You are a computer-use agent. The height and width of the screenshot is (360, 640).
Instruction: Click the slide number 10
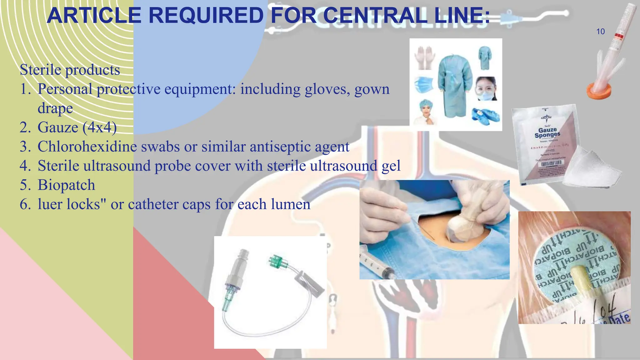600,32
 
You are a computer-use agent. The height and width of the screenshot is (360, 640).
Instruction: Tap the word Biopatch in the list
66,185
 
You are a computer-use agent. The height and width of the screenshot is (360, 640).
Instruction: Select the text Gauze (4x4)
77,127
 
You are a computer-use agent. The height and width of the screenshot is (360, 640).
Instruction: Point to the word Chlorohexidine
87,147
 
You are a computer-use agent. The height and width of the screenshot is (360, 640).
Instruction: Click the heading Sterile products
70,69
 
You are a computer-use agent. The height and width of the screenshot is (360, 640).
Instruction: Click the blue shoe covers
485,115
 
